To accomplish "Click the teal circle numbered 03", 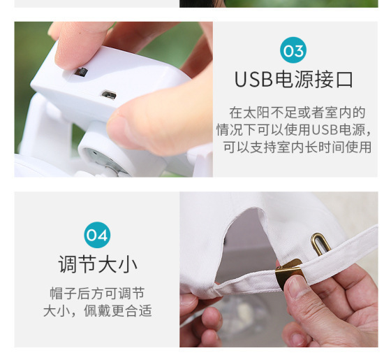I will tap(293, 50).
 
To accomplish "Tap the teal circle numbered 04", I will tap(97, 235).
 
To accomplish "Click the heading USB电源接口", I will tap(293, 80).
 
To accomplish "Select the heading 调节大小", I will tap(97, 264).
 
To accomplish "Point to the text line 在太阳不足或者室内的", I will tap(297, 113).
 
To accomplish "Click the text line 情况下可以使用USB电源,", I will tap(293, 130).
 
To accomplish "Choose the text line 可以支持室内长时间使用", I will tap(297, 147).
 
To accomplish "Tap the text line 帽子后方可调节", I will tap(97, 294).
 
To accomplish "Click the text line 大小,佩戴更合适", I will tap(97, 311).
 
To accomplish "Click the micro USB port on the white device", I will tap(108, 94).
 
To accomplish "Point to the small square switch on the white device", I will tap(81, 71).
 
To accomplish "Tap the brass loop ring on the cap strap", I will tap(320, 244).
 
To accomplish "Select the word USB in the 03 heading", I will tap(253, 80).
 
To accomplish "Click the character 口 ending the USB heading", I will tap(344, 80).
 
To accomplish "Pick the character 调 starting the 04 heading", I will tap(67, 264).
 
